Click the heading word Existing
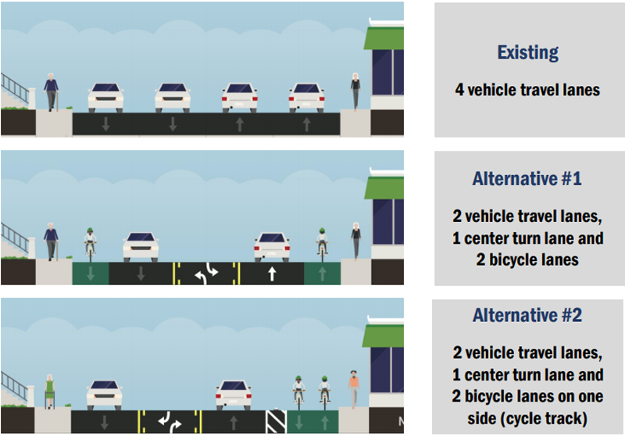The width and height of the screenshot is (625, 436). click(x=527, y=52)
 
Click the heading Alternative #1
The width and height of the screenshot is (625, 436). click(x=527, y=179)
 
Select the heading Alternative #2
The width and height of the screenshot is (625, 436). click(x=527, y=315)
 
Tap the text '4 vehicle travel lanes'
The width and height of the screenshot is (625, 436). click(x=527, y=90)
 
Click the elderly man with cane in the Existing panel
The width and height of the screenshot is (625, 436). click(x=51, y=92)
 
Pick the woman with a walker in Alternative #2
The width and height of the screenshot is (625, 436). click(x=49, y=391)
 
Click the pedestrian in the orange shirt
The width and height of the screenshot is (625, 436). click(x=354, y=389)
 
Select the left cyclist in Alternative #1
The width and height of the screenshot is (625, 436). click(x=91, y=245)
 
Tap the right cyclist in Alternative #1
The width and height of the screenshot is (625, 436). click(x=322, y=245)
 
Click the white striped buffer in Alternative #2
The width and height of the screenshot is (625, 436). click(x=276, y=422)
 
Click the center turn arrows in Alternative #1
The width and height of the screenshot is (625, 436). click(x=206, y=273)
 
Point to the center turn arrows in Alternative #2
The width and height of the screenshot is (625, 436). click(x=170, y=422)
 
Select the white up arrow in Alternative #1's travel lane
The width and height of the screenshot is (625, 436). click(x=272, y=273)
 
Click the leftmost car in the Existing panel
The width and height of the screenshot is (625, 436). click(x=105, y=97)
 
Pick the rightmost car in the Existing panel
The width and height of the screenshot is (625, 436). click(x=306, y=97)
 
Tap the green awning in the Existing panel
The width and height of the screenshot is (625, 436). click(x=384, y=38)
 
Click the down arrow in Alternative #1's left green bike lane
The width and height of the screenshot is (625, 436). click(x=91, y=273)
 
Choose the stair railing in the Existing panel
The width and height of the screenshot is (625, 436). click(x=15, y=88)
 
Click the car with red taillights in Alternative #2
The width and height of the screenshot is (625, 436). click(x=234, y=395)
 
